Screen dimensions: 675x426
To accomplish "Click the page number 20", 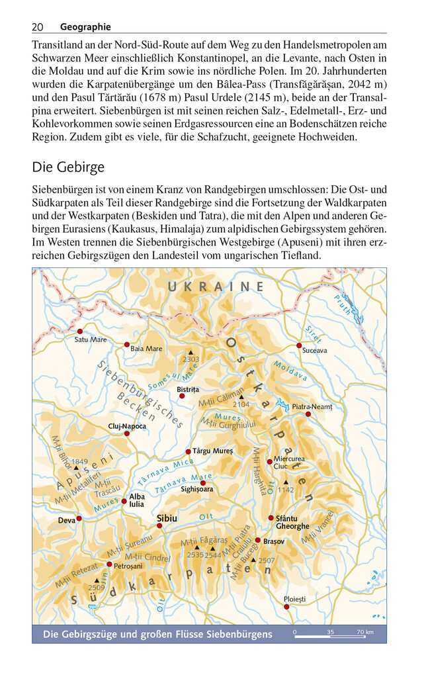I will (37, 27).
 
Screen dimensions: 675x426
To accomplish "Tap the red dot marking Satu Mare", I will (80, 331).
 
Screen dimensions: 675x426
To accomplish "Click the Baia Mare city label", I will (146, 348).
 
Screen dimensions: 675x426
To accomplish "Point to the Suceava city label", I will (314, 351).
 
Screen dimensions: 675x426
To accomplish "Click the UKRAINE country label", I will (216, 287).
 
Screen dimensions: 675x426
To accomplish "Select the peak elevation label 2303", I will (191, 359).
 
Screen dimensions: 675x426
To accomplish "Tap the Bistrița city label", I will (188, 389).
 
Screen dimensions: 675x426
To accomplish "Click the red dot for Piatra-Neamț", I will (308, 414).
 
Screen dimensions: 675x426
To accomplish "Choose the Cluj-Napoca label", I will (127, 426).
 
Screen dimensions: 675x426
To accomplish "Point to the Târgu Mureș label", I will (212, 451).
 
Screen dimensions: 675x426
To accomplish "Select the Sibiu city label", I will (166, 518).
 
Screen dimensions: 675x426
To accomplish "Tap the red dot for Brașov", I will (258, 540).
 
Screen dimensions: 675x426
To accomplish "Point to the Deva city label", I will (66, 520).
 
